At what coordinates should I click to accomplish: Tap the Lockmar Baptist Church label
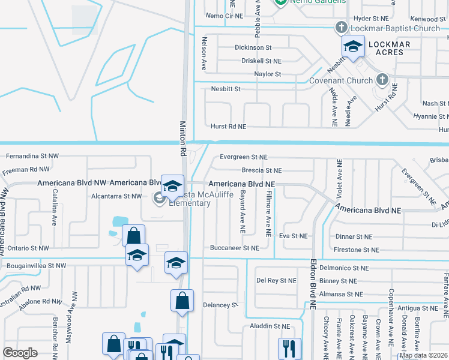point(396,28)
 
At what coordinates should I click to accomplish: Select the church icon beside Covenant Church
point(381,80)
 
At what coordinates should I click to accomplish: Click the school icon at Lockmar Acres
point(353,46)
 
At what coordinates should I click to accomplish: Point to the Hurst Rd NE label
point(228,127)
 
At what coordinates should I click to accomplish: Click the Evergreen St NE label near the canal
point(243,157)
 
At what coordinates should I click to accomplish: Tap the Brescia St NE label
point(261,171)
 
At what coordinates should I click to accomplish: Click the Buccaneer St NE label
point(235,248)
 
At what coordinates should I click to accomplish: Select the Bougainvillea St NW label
point(32,265)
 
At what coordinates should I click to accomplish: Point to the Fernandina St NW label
point(32,156)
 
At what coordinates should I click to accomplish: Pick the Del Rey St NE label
point(276,280)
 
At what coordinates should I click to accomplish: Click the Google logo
point(20,353)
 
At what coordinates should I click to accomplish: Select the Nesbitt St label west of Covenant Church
point(226,89)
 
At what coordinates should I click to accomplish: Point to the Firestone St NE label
point(358,250)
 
